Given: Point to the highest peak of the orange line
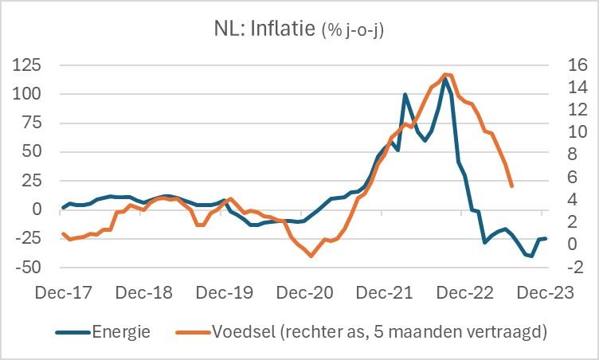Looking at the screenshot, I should pyautogui.click(x=445, y=74).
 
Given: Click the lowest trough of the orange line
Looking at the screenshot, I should pyautogui.click(x=311, y=256).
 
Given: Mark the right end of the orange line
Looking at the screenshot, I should pyautogui.click(x=511, y=186).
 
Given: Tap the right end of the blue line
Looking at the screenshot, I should pyautogui.click(x=546, y=238).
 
